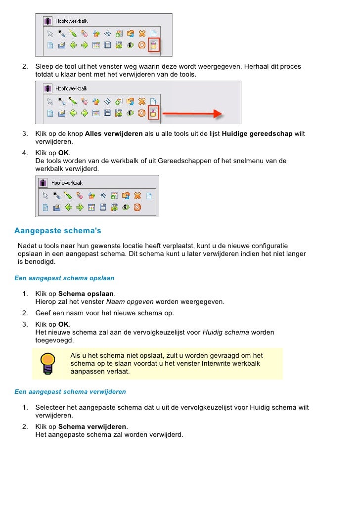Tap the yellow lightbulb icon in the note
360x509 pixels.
47,363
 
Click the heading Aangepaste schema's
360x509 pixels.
58,231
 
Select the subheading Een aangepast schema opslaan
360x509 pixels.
64,278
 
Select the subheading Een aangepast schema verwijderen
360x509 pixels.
70,392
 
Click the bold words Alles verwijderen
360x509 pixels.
114,134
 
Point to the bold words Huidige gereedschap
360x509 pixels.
257,134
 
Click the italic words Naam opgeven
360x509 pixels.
123,301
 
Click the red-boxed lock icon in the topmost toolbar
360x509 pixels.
154,45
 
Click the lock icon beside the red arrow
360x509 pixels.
154,113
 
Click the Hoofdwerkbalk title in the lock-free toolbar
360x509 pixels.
69,182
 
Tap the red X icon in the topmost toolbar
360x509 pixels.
142,34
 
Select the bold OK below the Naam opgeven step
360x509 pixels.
64,324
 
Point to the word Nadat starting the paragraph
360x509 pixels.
27,246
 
